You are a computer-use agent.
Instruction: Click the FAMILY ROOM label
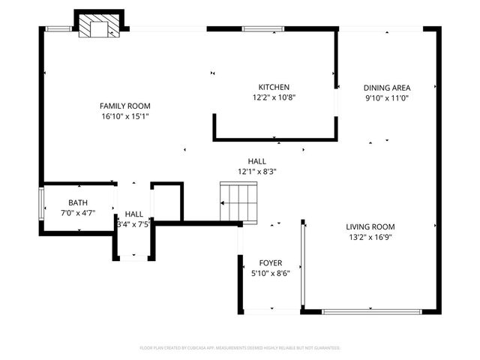(x=126, y=106)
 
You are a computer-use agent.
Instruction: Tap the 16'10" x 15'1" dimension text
(x=126, y=116)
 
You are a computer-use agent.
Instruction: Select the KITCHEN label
(x=274, y=87)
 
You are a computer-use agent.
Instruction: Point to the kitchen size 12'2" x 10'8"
(x=274, y=97)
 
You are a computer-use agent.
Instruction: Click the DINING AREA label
(x=387, y=87)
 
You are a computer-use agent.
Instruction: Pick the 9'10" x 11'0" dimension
(x=387, y=97)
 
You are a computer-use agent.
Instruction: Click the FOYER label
(x=271, y=262)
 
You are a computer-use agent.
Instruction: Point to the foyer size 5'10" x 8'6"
(x=271, y=273)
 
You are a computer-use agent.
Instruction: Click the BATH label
(x=77, y=202)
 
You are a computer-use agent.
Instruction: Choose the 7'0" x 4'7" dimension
(x=77, y=213)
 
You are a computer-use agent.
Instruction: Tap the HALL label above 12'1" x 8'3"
(x=257, y=160)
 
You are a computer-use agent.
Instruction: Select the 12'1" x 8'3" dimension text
(x=257, y=171)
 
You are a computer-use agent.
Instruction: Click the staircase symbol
(x=238, y=201)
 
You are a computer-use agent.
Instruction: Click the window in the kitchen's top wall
(x=262, y=29)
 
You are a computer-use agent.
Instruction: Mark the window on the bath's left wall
(x=40, y=202)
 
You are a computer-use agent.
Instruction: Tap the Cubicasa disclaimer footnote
(x=240, y=348)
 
